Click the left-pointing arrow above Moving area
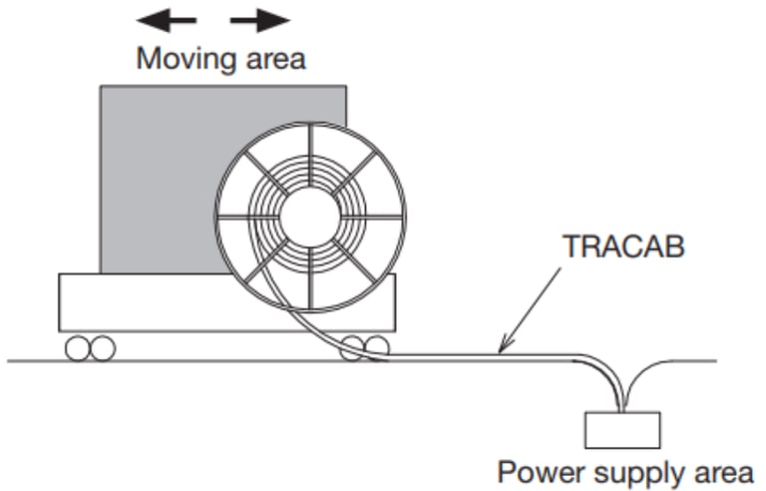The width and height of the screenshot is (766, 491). coord(167,21)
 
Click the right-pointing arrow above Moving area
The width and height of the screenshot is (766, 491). coord(260,21)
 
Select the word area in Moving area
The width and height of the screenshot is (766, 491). coord(276,60)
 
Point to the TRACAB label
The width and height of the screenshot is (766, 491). coord(624,245)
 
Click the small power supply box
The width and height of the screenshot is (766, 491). coord(622,430)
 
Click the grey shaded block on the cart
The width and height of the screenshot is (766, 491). coord(162,179)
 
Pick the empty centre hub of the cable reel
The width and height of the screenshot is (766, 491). coord(310,218)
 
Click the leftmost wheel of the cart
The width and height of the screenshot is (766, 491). coord(78,348)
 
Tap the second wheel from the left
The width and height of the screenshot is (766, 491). coord(103,348)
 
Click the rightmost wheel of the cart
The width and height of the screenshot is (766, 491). coord(377,347)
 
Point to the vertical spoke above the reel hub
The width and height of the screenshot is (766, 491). coord(310,156)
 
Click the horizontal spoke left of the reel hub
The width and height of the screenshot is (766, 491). coord(248,217)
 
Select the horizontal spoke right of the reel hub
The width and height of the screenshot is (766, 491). coord(372,217)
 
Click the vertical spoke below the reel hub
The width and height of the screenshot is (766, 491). coord(310,278)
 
